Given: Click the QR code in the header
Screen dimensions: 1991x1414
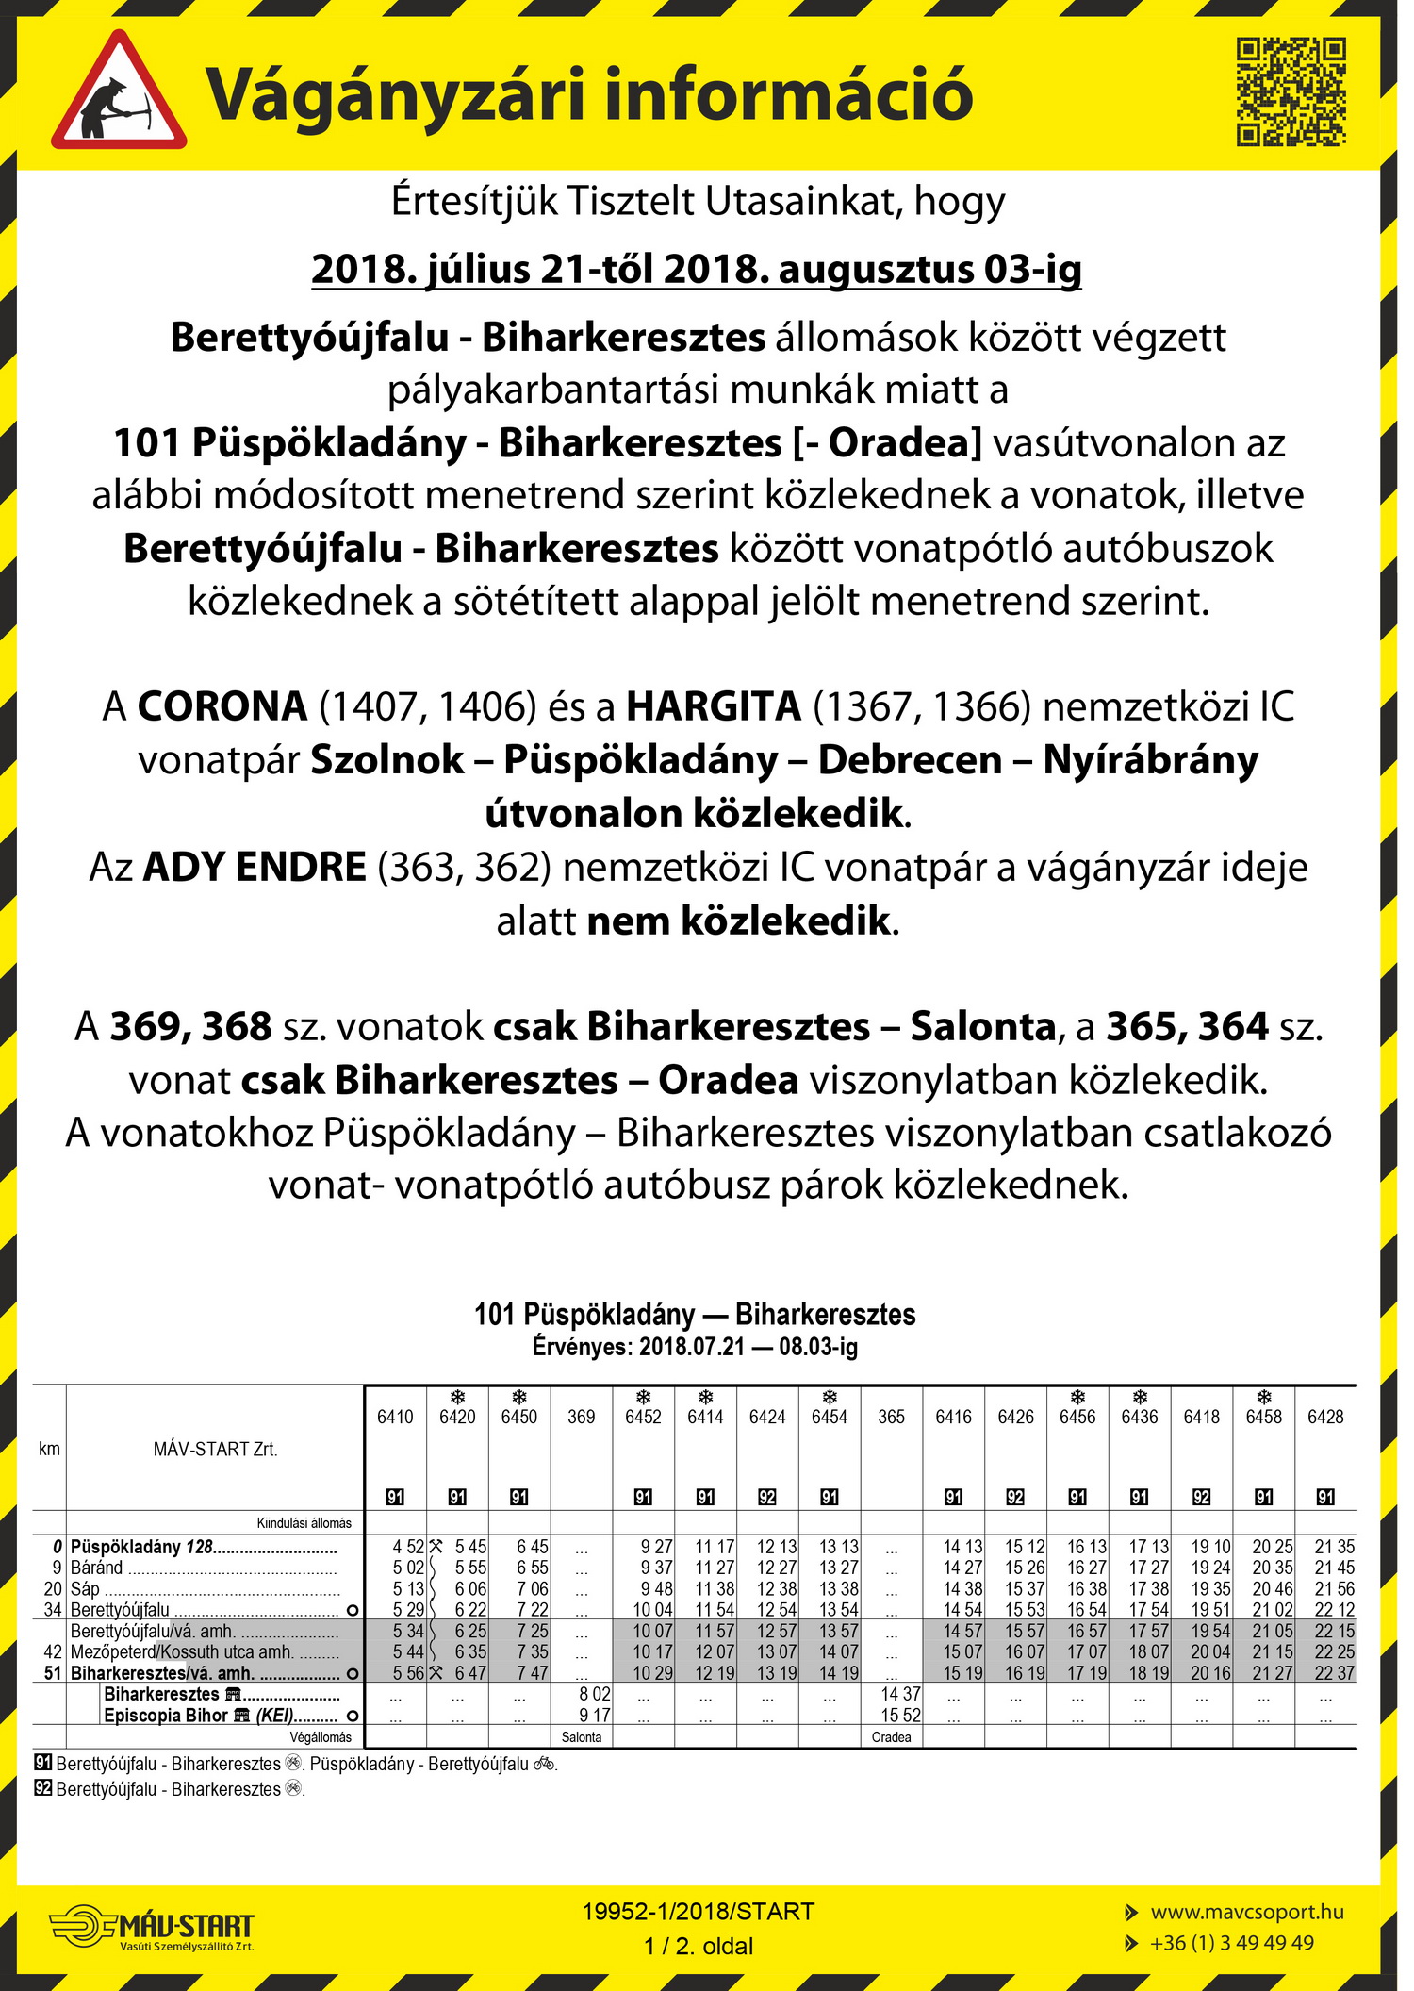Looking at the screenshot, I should click(1291, 91).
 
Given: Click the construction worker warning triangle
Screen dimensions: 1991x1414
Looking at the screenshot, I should click(119, 94).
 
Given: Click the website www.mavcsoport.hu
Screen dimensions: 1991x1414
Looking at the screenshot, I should click(1246, 1912).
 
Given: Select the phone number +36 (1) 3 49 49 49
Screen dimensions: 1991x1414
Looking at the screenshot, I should click(1231, 1943).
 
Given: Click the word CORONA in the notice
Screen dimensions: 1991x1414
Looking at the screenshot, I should click(222, 706).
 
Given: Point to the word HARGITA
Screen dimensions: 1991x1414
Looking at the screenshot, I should click(714, 706).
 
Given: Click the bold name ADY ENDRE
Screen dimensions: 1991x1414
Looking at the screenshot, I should click(254, 867).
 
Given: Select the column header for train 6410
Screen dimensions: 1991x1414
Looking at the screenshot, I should click(395, 1417).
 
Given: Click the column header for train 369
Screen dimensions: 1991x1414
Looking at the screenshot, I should click(581, 1417).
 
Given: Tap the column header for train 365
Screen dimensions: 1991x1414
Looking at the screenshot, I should click(891, 1417).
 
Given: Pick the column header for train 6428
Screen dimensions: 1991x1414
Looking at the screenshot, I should click(1325, 1417).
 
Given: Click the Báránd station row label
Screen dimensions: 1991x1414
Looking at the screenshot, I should click(97, 1568).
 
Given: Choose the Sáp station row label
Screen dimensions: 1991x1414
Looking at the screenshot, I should click(85, 1589).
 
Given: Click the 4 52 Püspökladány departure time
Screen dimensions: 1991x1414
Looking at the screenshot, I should click(408, 1547).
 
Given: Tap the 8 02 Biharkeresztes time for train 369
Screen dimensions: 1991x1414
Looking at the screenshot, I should click(595, 1694).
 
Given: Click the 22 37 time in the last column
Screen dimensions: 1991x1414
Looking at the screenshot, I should click(1334, 1673).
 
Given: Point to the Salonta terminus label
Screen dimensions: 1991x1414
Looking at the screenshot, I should click(582, 1737).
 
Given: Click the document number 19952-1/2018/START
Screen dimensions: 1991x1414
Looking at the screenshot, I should click(699, 1912).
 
